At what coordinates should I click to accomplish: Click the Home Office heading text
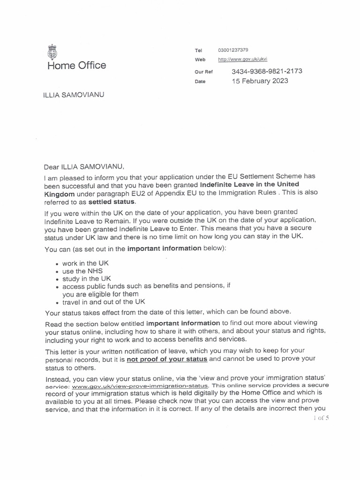pos(76,65)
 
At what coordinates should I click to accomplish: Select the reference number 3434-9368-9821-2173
pos(267,71)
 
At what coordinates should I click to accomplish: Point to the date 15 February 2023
pos(260,81)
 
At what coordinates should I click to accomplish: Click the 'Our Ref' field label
pos(203,72)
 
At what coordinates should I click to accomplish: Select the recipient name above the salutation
pos(74,95)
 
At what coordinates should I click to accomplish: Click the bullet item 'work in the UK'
pos(84,263)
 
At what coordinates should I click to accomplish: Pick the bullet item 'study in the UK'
pos(85,278)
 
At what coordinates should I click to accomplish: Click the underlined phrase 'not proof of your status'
pos(166,360)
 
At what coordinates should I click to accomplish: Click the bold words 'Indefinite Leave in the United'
pos(249,184)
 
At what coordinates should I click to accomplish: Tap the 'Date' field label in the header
pos(200,82)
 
